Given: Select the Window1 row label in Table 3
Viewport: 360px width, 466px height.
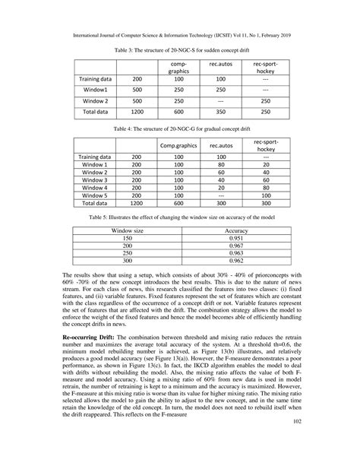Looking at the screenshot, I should click(96, 89).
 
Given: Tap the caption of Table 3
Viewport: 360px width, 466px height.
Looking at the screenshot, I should click(179, 48).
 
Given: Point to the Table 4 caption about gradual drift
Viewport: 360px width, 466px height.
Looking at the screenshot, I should click(179, 129).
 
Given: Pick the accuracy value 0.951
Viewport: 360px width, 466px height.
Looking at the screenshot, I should click(237, 237).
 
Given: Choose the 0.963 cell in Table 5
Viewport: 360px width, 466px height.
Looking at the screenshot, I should click(237, 253).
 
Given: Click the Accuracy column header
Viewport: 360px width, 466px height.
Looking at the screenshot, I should click(237, 229).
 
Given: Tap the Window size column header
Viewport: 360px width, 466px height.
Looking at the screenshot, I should click(128, 229).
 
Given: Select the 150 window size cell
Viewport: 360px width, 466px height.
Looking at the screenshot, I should click(128, 237).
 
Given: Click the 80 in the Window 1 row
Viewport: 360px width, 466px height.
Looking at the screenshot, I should click(220, 163).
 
